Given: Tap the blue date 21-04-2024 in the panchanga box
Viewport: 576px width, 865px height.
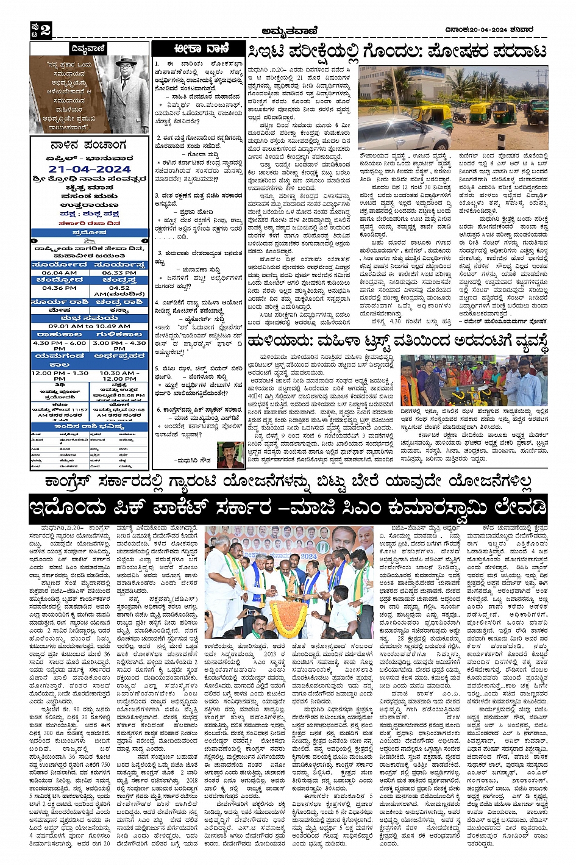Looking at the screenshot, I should coord(90,169).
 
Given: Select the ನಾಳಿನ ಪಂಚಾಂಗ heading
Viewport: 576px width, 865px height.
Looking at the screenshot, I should coord(89,145).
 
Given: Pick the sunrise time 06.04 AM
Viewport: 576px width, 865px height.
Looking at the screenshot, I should coord(60,273).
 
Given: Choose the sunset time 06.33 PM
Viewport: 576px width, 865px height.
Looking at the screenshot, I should coord(119,273).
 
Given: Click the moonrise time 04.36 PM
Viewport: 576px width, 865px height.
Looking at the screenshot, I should coord(60,288).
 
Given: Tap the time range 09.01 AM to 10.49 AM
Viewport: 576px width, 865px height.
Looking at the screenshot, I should coord(89,326).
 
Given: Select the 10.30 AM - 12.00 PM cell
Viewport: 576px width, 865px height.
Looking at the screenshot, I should coord(119,376).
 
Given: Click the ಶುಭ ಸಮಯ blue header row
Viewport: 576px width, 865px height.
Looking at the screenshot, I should coord(89,317).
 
